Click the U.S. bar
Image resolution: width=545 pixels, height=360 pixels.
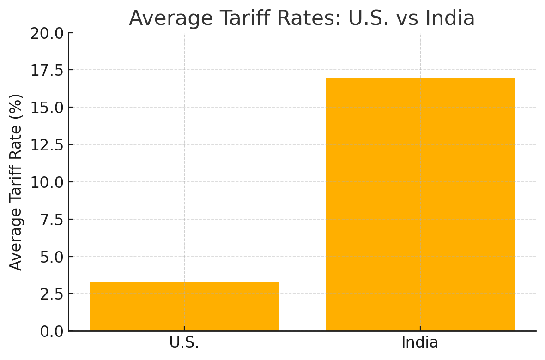coord(184,306)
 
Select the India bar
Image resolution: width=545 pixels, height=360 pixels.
coord(420,204)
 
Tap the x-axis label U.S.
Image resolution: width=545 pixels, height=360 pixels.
coord(184,343)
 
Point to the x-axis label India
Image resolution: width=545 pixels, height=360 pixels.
coord(420,343)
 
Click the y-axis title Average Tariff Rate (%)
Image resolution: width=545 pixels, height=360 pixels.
coord(16,182)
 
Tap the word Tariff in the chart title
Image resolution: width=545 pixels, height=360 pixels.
coord(223,18)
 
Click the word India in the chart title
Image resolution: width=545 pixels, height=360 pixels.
coord(450,18)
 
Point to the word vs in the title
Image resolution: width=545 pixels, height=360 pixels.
coord(406,18)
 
